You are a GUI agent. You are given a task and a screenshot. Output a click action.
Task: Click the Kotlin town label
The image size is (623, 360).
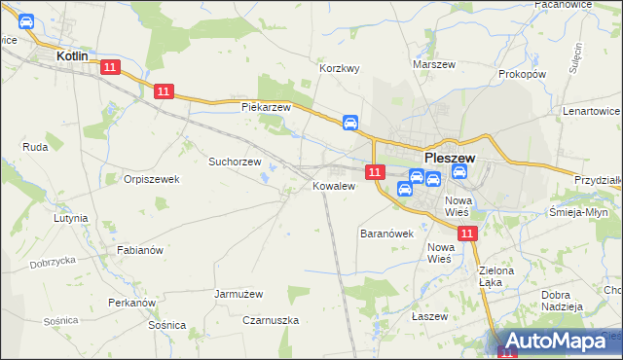[x=72, y=56]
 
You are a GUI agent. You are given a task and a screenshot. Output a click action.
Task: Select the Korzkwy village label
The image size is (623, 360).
[x=341, y=69]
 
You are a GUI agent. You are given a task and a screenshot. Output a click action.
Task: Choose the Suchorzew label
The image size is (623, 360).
[x=236, y=162]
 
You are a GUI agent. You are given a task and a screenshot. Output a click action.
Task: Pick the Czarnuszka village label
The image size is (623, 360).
[x=271, y=320]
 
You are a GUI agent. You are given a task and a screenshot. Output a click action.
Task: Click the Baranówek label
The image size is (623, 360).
[x=387, y=234]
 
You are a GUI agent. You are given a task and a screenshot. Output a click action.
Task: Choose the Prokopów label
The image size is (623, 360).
[x=522, y=74]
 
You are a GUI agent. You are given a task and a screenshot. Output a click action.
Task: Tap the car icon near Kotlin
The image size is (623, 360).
[x=26, y=21]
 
